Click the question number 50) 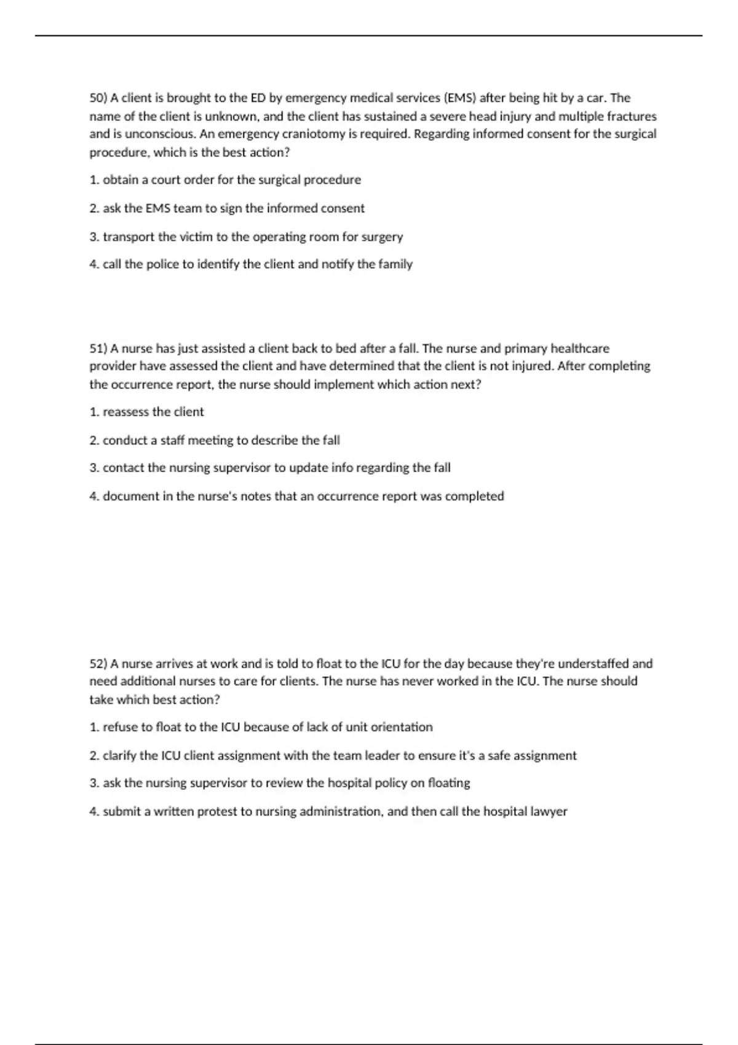(98, 98)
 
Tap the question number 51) (98, 349)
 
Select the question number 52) (98, 664)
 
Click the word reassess (126, 412)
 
